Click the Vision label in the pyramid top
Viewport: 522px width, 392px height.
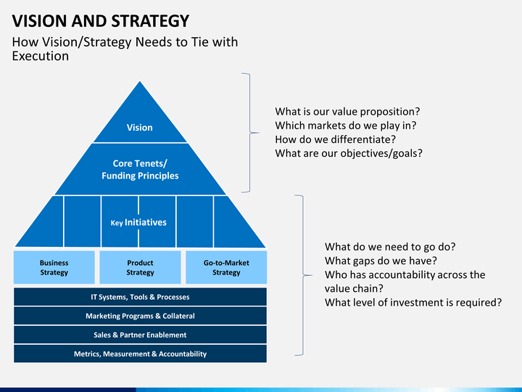[139, 127]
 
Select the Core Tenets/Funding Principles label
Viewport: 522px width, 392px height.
[140, 169]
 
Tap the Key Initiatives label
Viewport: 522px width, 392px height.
[138, 222]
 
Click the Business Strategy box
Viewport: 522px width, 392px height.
[54, 267]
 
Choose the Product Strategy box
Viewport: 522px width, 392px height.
[140, 267]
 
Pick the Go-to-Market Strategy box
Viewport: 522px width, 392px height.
[226, 267]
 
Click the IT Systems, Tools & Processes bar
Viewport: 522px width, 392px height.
[140, 297]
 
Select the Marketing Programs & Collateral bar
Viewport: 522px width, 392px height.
[140, 316]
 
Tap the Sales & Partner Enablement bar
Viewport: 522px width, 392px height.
[140, 335]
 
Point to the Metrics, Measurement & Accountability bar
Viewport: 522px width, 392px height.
[140, 354]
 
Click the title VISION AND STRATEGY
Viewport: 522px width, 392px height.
[101, 21]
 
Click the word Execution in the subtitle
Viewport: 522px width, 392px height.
[41, 56]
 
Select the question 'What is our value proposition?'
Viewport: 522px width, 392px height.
[347, 111]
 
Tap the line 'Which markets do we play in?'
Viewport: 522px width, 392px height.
[346, 126]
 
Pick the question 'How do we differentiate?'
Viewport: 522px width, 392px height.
[335, 139]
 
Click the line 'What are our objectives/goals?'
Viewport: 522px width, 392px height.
[349, 153]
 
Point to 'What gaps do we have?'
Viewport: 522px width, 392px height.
[381, 261]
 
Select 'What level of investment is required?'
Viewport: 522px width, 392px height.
[413, 303]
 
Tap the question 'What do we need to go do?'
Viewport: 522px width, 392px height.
[390, 247]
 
